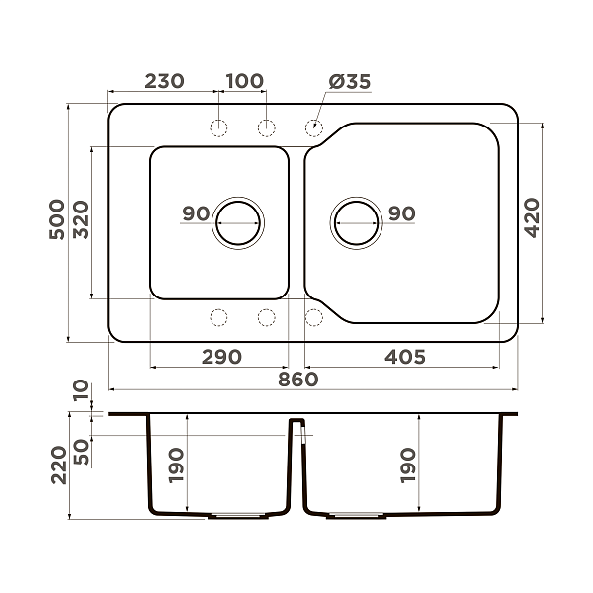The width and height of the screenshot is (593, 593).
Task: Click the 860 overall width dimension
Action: tap(298, 380)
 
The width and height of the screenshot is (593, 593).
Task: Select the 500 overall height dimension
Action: tap(57, 219)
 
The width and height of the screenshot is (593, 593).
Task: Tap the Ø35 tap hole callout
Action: tap(350, 82)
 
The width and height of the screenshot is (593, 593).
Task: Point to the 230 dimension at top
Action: tap(164, 81)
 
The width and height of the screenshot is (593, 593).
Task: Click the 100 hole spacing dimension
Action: tap(245, 81)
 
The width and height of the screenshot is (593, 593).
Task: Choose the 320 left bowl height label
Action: tap(81, 219)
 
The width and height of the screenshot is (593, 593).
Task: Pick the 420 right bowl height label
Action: tap(532, 217)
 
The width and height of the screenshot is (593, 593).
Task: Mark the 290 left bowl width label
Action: tap(221, 357)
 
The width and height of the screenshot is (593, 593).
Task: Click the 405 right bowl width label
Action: tap(405, 357)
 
